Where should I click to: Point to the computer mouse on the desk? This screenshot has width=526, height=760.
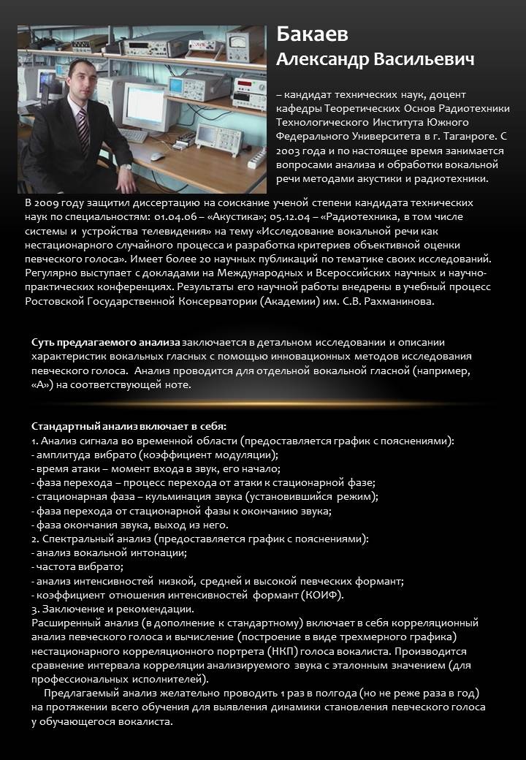point(157,156)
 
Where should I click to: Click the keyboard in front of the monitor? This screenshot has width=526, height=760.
point(134,135)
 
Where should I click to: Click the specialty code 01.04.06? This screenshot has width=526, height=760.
point(175,216)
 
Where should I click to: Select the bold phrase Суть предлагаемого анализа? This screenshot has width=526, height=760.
point(105,342)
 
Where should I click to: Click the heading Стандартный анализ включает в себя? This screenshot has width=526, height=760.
point(129,426)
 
